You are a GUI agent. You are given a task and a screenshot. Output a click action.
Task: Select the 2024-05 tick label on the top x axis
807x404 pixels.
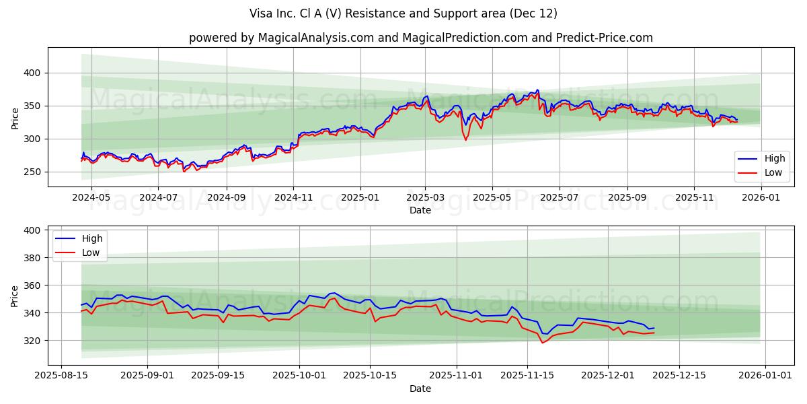(91, 197)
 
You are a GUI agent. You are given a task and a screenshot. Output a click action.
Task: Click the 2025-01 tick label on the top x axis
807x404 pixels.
(360, 197)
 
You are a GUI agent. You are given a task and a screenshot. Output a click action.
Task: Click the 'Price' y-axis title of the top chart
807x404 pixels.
(15, 117)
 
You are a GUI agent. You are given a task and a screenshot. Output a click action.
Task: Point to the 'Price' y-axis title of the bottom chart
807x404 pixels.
(15, 296)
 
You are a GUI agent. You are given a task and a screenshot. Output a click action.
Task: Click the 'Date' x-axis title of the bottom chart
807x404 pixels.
(420, 389)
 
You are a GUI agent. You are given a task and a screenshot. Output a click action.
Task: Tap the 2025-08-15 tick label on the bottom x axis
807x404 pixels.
(62, 374)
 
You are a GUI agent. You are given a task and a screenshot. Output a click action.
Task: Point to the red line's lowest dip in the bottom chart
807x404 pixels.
(542, 343)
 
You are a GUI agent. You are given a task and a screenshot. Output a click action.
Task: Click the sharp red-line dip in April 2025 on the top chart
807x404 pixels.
(465, 139)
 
